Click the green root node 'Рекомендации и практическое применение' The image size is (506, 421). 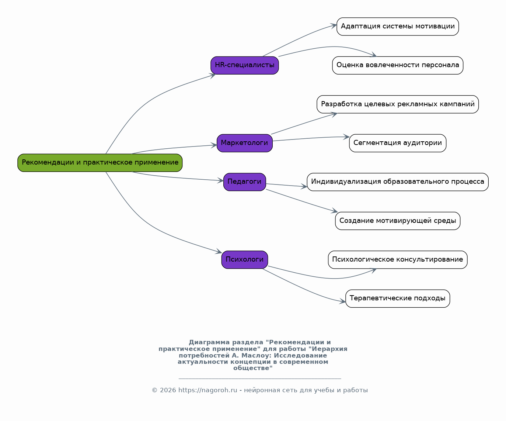[x=100, y=163]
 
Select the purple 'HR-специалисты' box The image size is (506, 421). [x=244, y=65]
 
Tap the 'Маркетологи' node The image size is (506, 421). [x=244, y=143]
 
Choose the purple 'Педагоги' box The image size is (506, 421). [x=244, y=182]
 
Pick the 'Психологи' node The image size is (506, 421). [x=244, y=260]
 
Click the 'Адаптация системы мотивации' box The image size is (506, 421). [x=397, y=27]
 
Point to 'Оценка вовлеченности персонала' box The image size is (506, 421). [x=397, y=65]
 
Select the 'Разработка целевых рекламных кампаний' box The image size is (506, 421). [x=397, y=104]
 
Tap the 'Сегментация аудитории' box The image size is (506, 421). [x=397, y=143]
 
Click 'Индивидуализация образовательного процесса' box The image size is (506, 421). [x=397, y=182]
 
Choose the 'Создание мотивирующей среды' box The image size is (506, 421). [x=397, y=221]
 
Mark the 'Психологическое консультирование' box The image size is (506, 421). [x=397, y=260]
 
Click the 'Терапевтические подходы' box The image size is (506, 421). [x=397, y=299]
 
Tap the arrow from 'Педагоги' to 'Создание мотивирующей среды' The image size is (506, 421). [x=302, y=201]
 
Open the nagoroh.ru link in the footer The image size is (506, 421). [x=208, y=390]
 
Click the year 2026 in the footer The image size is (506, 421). [x=168, y=390]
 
